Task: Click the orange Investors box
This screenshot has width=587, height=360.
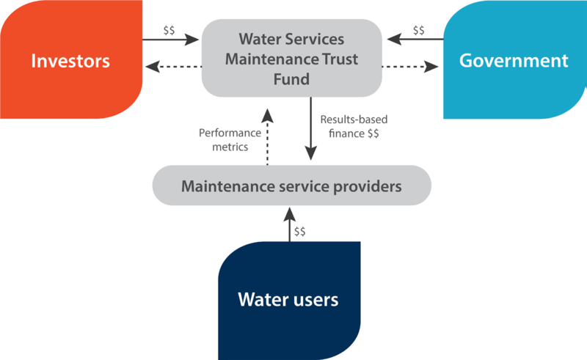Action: (x=71, y=59)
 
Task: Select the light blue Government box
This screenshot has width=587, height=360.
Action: (x=515, y=59)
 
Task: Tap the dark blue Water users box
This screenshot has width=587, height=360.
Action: (x=289, y=301)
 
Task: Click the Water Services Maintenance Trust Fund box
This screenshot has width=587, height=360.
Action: (x=291, y=58)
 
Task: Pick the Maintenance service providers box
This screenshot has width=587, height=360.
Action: (x=291, y=185)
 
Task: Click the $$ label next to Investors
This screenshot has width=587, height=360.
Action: (x=169, y=30)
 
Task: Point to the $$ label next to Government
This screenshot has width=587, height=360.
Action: (x=418, y=30)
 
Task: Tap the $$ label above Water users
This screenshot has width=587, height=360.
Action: (x=299, y=232)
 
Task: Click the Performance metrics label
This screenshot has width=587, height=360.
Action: (x=230, y=140)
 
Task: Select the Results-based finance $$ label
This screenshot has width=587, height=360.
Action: (x=354, y=127)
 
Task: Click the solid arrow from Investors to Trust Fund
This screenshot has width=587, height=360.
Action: (x=171, y=40)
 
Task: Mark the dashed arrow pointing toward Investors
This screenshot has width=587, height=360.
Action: (x=173, y=67)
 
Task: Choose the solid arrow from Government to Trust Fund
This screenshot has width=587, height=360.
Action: (x=415, y=39)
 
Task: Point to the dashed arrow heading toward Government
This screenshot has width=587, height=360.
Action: (x=410, y=67)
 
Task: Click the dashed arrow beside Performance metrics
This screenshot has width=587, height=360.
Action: (x=267, y=137)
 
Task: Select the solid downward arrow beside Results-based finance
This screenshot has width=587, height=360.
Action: (x=310, y=129)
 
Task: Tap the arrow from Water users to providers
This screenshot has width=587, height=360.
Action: (x=289, y=224)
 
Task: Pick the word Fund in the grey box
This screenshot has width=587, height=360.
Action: (x=291, y=79)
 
